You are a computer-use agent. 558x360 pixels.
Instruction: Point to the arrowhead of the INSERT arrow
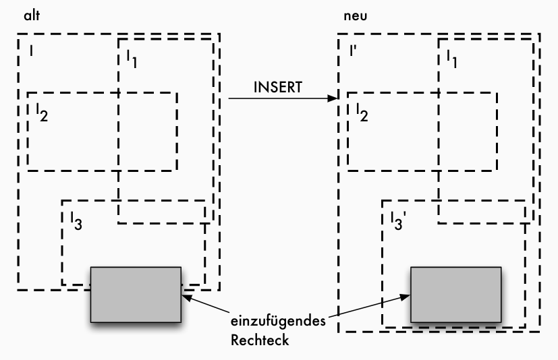click(333, 99)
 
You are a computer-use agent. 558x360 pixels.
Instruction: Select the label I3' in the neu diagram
click(397, 220)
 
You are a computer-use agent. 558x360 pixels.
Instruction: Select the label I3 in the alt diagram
click(76, 220)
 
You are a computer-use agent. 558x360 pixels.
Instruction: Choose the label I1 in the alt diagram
click(130, 59)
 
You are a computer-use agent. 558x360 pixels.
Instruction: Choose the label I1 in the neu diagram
click(450, 59)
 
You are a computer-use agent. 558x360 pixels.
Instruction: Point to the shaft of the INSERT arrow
click(277, 99)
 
